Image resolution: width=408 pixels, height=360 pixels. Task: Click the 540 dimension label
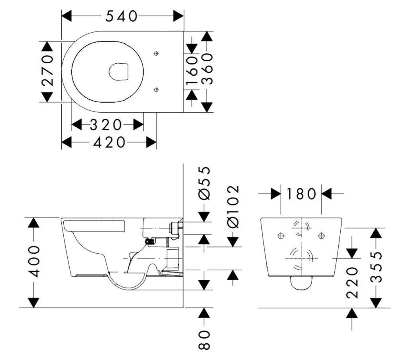click(121, 16)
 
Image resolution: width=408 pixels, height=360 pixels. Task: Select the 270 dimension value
click(47, 70)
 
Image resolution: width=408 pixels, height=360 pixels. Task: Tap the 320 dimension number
click(106, 125)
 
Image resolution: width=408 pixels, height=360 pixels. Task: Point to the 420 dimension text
click(109, 143)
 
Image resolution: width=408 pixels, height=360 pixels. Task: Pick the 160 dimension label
click(192, 70)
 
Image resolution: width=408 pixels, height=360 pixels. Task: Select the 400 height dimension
click(34, 262)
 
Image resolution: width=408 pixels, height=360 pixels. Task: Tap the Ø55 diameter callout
click(204, 183)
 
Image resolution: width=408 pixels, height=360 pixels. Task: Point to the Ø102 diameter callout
click(233, 206)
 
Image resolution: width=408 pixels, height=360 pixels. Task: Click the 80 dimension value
click(204, 340)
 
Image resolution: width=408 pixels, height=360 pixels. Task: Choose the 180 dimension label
click(301, 194)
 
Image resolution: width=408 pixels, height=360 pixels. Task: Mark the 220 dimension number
click(352, 282)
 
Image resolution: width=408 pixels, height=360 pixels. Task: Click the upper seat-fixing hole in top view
click(156, 54)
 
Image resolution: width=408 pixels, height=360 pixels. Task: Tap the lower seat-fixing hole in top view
click(156, 90)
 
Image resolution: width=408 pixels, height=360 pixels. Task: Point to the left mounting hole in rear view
click(281, 236)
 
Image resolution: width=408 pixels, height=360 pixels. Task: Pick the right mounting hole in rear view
click(322, 236)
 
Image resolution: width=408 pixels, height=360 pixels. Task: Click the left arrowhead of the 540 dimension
click(67, 16)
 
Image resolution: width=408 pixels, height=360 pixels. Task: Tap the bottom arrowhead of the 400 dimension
click(34, 303)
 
